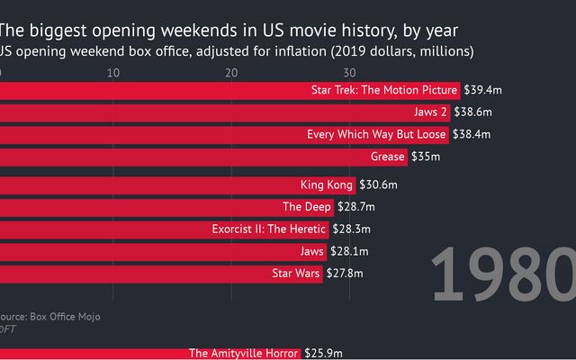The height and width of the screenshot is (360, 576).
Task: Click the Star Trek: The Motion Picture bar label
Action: [x=384, y=90]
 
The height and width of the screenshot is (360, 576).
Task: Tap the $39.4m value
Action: [x=483, y=90]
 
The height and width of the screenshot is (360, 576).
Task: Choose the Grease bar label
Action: [x=386, y=157]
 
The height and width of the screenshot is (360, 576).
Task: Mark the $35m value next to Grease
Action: [x=426, y=157]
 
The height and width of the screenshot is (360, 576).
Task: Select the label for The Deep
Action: [x=311, y=207]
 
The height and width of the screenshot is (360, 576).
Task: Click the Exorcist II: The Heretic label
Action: [x=268, y=229]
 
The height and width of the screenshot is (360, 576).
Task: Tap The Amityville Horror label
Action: [x=243, y=354]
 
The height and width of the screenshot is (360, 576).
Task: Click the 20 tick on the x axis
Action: [x=231, y=72]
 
